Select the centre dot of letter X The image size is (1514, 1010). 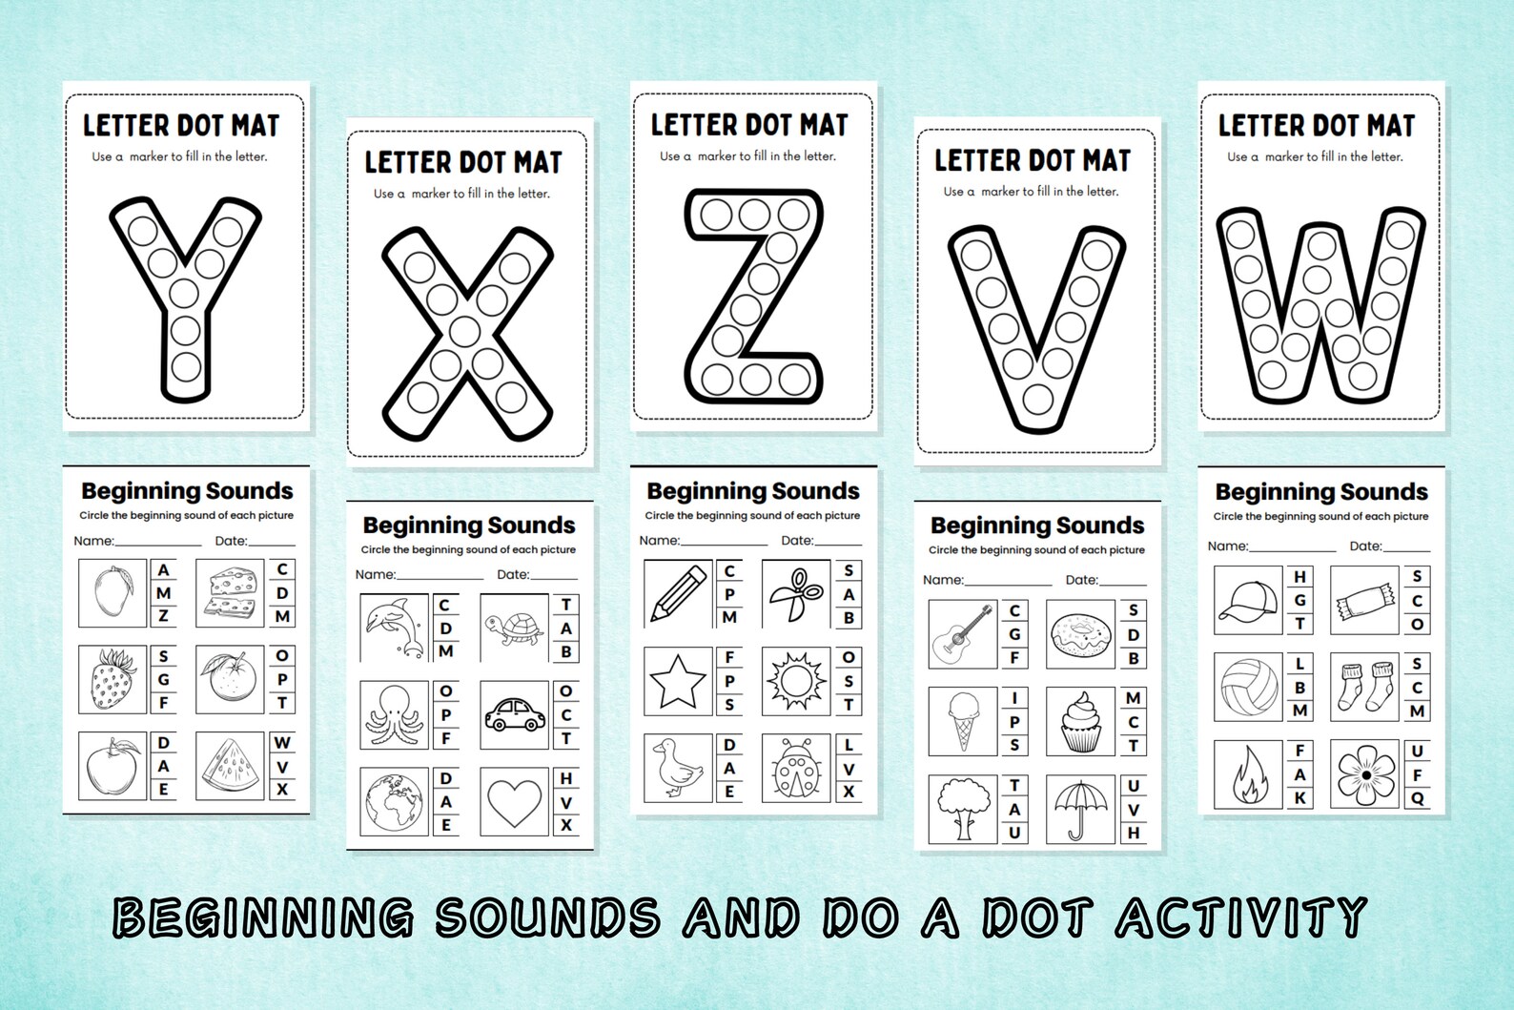pyautogui.click(x=465, y=332)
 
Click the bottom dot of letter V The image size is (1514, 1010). pyautogui.click(x=1035, y=396)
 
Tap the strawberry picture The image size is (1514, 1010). pyautogui.click(x=113, y=680)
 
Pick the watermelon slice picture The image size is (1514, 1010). pyautogui.click(x=231, y=767)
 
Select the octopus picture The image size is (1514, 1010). pyautogui.click(x=395, y=715)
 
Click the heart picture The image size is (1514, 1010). pyautogui.click(x=515, y=802)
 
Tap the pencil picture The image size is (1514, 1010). pyautogui.click(x=678, y=593)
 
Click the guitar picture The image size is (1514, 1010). pyautogui.click(x=963, y=634)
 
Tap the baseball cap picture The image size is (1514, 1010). pyautogui.click(x=1248, y=600)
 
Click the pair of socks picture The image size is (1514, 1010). pyautogui.click(x=1365, y=687)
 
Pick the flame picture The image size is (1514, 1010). pyautogui.click(x=1248, y=774)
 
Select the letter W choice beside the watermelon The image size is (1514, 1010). pyautogui.click(x=282, y=743)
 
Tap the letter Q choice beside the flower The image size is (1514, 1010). pyautogui.click(x=1418, y=799)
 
